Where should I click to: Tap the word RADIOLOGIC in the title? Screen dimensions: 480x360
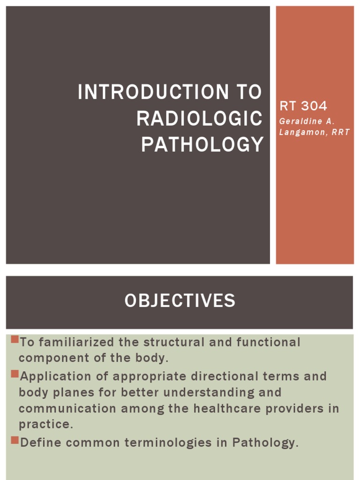coord(199,119)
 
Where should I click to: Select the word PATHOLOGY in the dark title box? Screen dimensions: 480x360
coord(202,145)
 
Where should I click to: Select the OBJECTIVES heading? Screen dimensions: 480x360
coord(180,300)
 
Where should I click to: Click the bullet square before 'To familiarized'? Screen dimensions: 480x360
coord(14,339)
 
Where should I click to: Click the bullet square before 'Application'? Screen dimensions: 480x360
coord(14,374)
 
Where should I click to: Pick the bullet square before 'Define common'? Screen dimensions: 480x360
coord(14,440)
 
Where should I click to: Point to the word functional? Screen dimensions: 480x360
coord(268,342)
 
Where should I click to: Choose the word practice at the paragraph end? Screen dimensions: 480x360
coord(46,424)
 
